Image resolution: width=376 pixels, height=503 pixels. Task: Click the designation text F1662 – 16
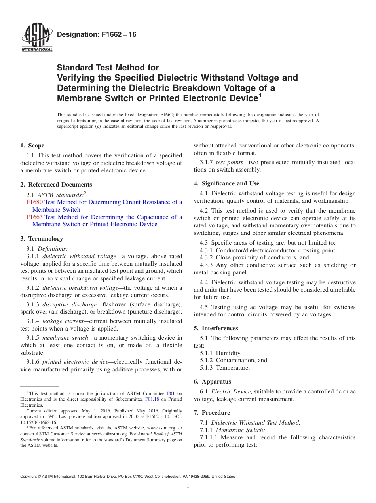coord(97,35)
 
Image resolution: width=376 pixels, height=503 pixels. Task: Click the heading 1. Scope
coord(32,146)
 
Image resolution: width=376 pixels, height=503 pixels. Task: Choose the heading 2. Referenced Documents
coord(56,185)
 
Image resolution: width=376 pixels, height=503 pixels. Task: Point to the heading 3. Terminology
coord(41,239)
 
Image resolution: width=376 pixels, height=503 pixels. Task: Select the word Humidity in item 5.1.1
coord(228,353)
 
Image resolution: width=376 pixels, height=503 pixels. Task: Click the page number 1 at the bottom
coord(188,486)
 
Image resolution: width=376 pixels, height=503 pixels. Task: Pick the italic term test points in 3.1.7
coord(229,162)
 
